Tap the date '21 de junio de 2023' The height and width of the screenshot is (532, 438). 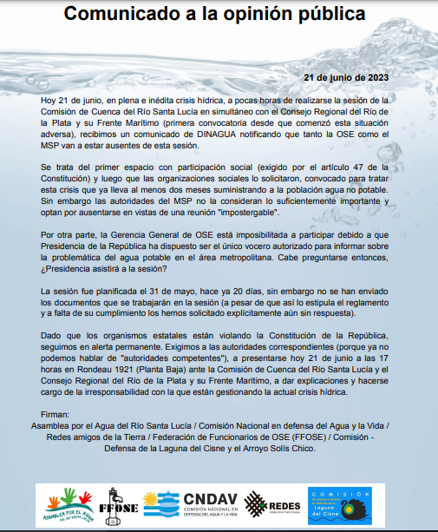tap(344, 77)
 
